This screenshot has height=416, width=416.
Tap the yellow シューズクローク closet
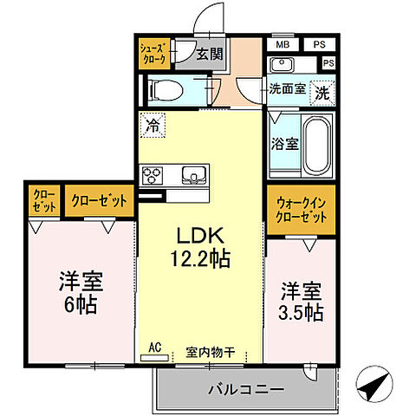(x=154, y=54)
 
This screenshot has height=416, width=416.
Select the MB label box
(x=283, y=44)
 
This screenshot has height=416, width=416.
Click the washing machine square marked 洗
(x=322, y=88)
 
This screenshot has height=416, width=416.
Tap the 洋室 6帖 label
(x=78, y=292)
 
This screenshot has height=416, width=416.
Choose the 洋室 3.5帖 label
(x=301, y=301)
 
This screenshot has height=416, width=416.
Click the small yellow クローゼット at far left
(x=43, y=201)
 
